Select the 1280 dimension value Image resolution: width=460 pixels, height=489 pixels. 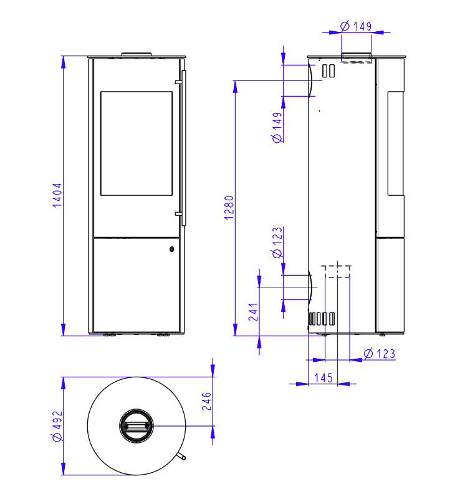(229, 208)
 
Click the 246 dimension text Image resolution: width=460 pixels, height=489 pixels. (208, 403)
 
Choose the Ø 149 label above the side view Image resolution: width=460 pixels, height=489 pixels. (356, 26)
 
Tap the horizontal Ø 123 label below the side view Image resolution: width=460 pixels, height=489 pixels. (379, 354)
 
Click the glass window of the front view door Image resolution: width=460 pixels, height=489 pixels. (136, 143)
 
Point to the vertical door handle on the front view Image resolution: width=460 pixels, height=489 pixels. (184, 147)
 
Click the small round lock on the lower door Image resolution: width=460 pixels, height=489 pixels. (171, 249)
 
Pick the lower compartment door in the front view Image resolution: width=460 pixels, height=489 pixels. (137, 284)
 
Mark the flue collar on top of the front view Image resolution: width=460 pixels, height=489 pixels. (136, 54)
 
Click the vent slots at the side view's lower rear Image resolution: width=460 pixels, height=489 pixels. (322, 319)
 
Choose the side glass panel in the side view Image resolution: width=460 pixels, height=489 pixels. (395, 143)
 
